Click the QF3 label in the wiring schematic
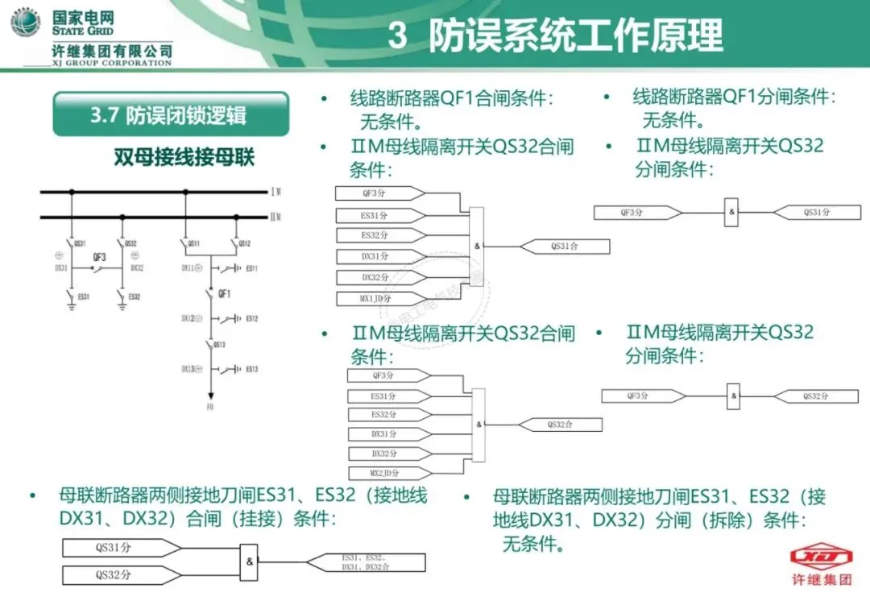coord(99,258)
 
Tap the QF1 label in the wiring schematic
coord(225,294)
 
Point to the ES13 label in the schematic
coord(252,369)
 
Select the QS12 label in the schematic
coord(244,242)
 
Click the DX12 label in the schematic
coord(188,318)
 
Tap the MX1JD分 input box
coord(375,299)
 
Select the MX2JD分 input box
coord(385,473)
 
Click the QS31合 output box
coord(565,247)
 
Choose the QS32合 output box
coord(560,425)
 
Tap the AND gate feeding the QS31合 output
coord(477,247)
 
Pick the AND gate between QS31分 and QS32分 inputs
coord(250,562)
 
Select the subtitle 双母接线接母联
coord(184,157)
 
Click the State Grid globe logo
coord(25,23)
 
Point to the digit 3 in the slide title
coord(397,36)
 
